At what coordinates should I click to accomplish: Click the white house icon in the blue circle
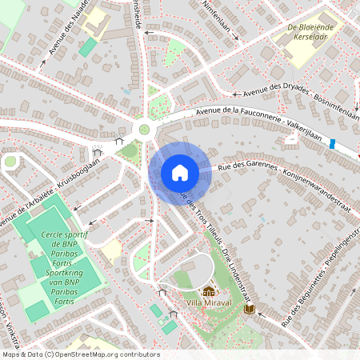(179, 173)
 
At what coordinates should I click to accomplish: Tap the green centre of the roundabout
(144, 129)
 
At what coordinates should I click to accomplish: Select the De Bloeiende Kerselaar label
(310, 31)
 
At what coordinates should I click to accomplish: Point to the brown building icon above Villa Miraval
(210, 292)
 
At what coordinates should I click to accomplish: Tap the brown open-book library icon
(250, 308)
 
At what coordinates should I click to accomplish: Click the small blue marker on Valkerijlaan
(332, 144)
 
